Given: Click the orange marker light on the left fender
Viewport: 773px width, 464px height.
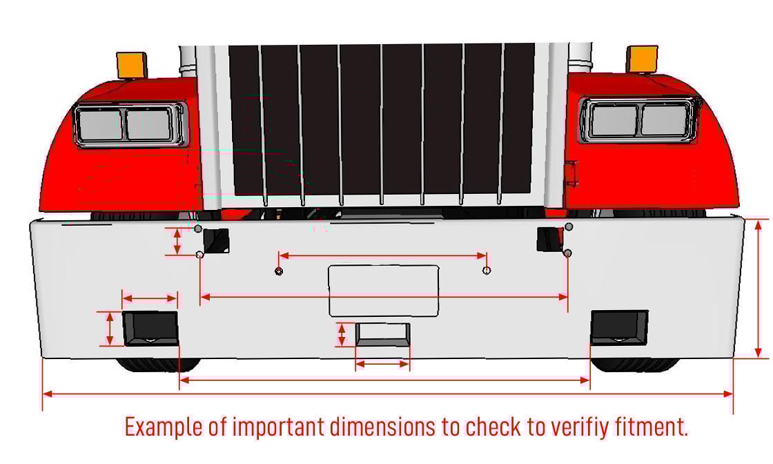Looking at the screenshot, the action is coord(132,65).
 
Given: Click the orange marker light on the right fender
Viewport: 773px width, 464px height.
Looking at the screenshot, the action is coord(642,59).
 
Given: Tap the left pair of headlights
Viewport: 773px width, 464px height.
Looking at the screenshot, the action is coord(129,124).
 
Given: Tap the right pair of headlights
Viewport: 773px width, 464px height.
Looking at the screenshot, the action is coord(639,120).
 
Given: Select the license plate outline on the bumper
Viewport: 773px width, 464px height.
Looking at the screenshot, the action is coord(384,291).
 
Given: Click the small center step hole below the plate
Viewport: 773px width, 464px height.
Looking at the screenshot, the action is coord(382,334).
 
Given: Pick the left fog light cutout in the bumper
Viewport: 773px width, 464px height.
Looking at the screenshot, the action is coord(151,329).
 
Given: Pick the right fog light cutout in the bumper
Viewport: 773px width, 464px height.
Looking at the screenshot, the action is coord(619,327).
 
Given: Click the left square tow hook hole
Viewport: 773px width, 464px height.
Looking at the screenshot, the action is coord(216,240).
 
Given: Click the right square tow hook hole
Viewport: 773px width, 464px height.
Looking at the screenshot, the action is coord(549,239).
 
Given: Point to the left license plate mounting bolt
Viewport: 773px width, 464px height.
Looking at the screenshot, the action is coord(279,271).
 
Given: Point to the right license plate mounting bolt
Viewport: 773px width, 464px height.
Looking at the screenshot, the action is coord(487,270).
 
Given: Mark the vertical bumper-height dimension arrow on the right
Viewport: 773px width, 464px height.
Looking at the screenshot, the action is coord(759,288).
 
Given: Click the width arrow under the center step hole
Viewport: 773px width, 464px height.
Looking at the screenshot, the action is coord(382,365).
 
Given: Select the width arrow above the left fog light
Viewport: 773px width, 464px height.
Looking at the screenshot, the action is coord(150,298).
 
